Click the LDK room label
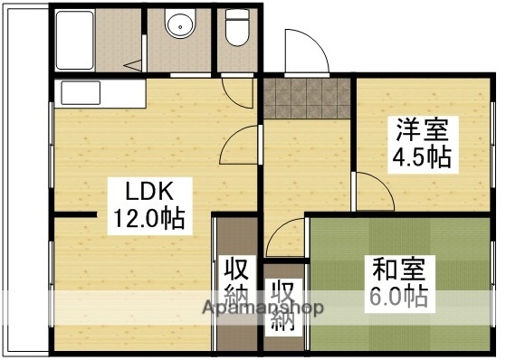point(149,192)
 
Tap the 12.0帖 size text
point(149,217)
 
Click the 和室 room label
point(398,269)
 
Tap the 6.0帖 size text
point(398,295)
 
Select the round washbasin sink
point(180,25)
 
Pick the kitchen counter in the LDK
point(100,93)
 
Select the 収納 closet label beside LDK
point(237,282)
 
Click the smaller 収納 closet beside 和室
point(283,308)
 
